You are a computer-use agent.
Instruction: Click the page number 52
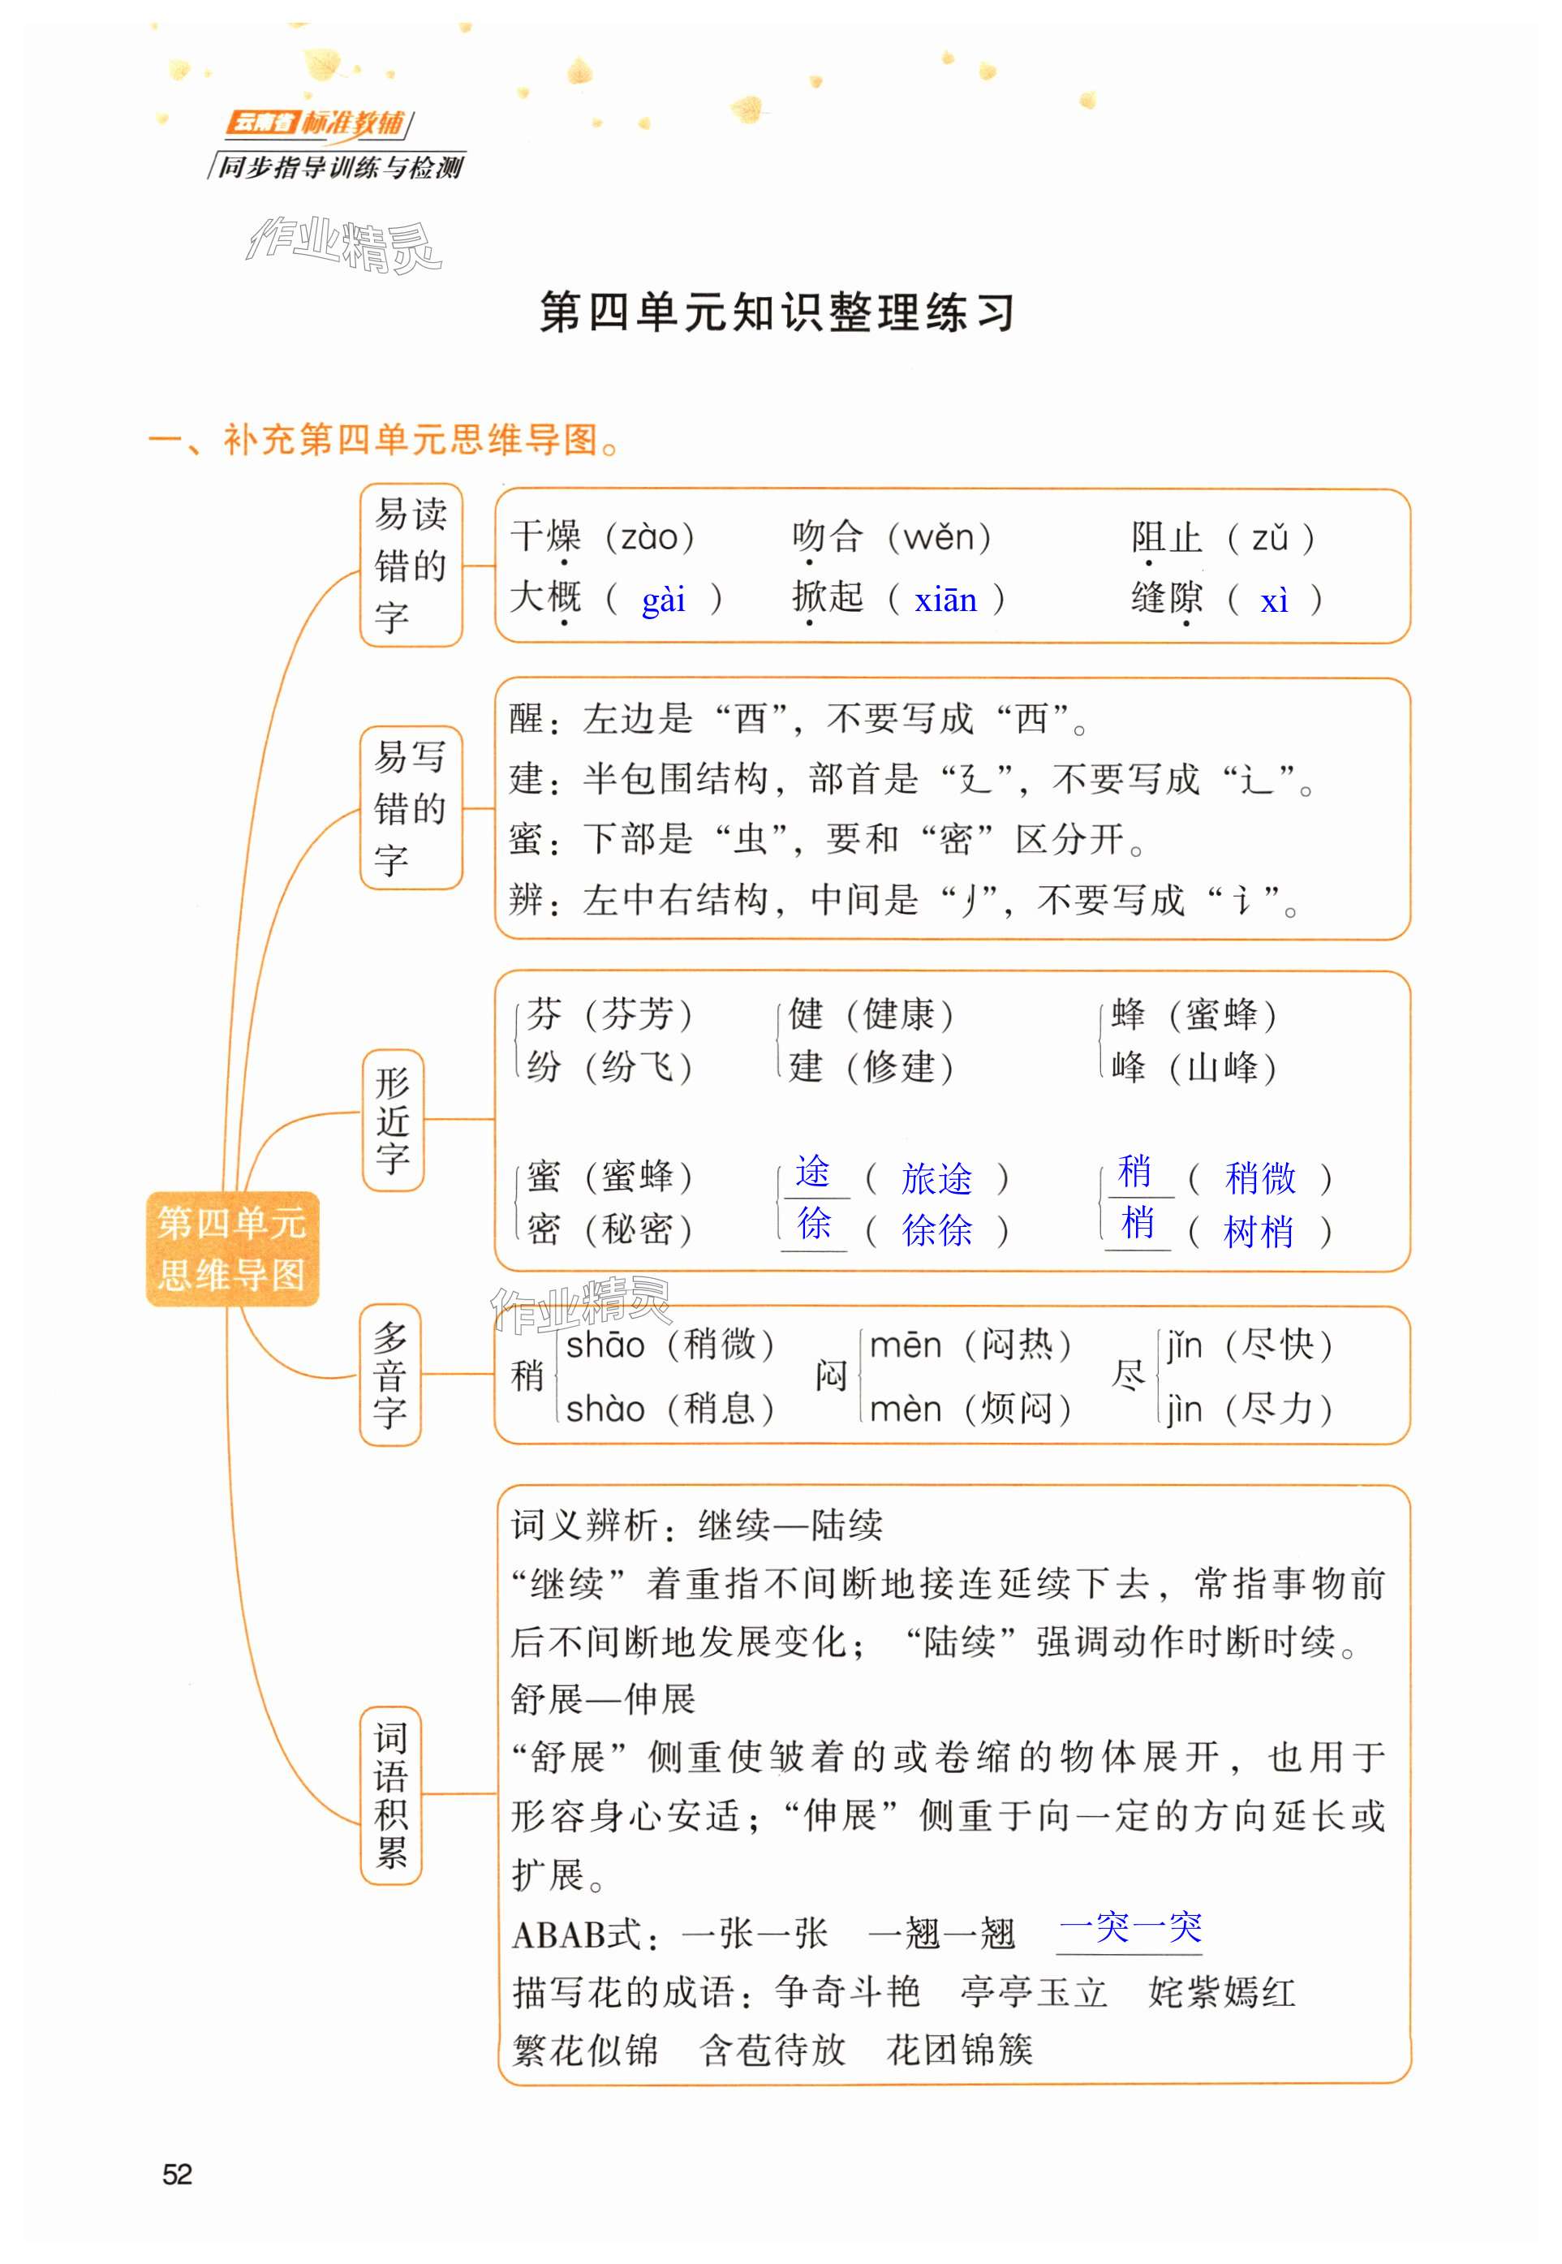point(177,2174)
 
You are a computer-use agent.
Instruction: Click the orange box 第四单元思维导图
point(232,1248)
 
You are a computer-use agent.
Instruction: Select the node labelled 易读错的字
point(410,565)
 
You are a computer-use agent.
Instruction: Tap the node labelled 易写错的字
point(410,807)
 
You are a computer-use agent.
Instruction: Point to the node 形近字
point(393,1120)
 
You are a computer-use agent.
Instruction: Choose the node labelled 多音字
point(389,1375)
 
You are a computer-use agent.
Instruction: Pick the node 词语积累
point(390,1795)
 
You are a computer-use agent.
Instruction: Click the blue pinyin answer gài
point(663,599)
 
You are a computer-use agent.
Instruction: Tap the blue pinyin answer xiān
point(945,599)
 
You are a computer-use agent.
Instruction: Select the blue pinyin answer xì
point(1273,599)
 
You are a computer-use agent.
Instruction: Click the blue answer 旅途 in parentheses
point(936,1178)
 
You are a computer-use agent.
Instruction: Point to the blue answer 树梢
point(1258,1231)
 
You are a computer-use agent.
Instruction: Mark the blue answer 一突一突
point(1130,1926)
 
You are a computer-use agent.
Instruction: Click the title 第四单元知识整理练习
point(777,312)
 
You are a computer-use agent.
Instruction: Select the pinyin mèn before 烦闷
point(906,1410)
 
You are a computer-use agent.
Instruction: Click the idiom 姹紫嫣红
point(1221,1992)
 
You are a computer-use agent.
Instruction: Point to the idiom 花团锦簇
point(959,2049)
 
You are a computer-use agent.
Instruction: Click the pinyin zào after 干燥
point(649,536)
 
